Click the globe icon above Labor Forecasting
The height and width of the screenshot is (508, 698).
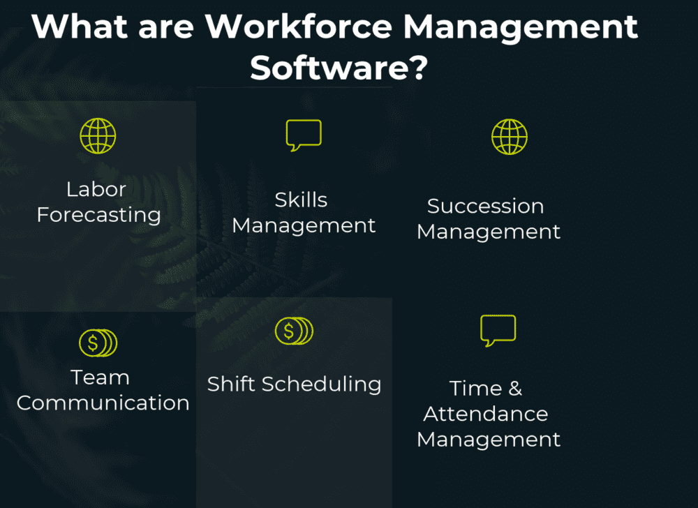coord(98,135)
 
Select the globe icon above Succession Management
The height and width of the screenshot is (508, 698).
coord(510,136)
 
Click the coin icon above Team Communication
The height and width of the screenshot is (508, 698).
coord(98,343)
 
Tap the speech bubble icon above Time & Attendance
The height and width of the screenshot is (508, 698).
coord(498,330)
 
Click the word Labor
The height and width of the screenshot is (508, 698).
coord(96,189)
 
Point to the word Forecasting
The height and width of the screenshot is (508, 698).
coord(98,215)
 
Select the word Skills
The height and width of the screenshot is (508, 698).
coord(301,200)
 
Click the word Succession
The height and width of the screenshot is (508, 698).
coord(485,207)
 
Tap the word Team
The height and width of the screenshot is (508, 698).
coord(100,378)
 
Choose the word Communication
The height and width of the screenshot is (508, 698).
coord(103,403)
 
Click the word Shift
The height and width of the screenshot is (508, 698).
coord(232,384)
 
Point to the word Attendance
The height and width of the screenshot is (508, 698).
coord(485,414)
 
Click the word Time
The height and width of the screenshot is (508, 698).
coord(474,389)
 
